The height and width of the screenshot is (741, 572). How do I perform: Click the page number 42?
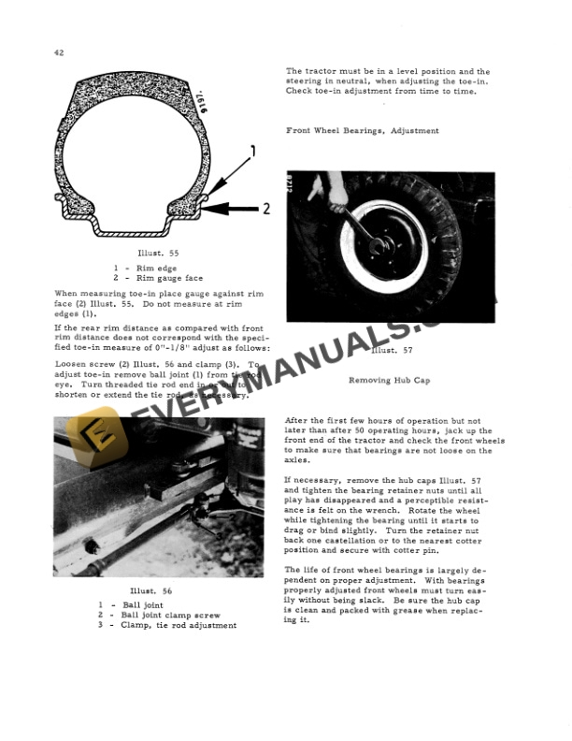pyautogui.click(x=59, y=54)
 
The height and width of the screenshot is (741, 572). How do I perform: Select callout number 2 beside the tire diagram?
pyautogui.click(x=265, y=208)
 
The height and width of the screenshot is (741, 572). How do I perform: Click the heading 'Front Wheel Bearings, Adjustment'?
pyautogui.click(x=362, y=130)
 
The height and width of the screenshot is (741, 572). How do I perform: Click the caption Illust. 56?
pyautogui.click(x=151, y=591)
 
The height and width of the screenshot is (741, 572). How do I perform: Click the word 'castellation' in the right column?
pyautogui.click(x=351, y=541)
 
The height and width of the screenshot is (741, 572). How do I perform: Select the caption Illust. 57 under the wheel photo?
pyautogui.click(x=385, y=351)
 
